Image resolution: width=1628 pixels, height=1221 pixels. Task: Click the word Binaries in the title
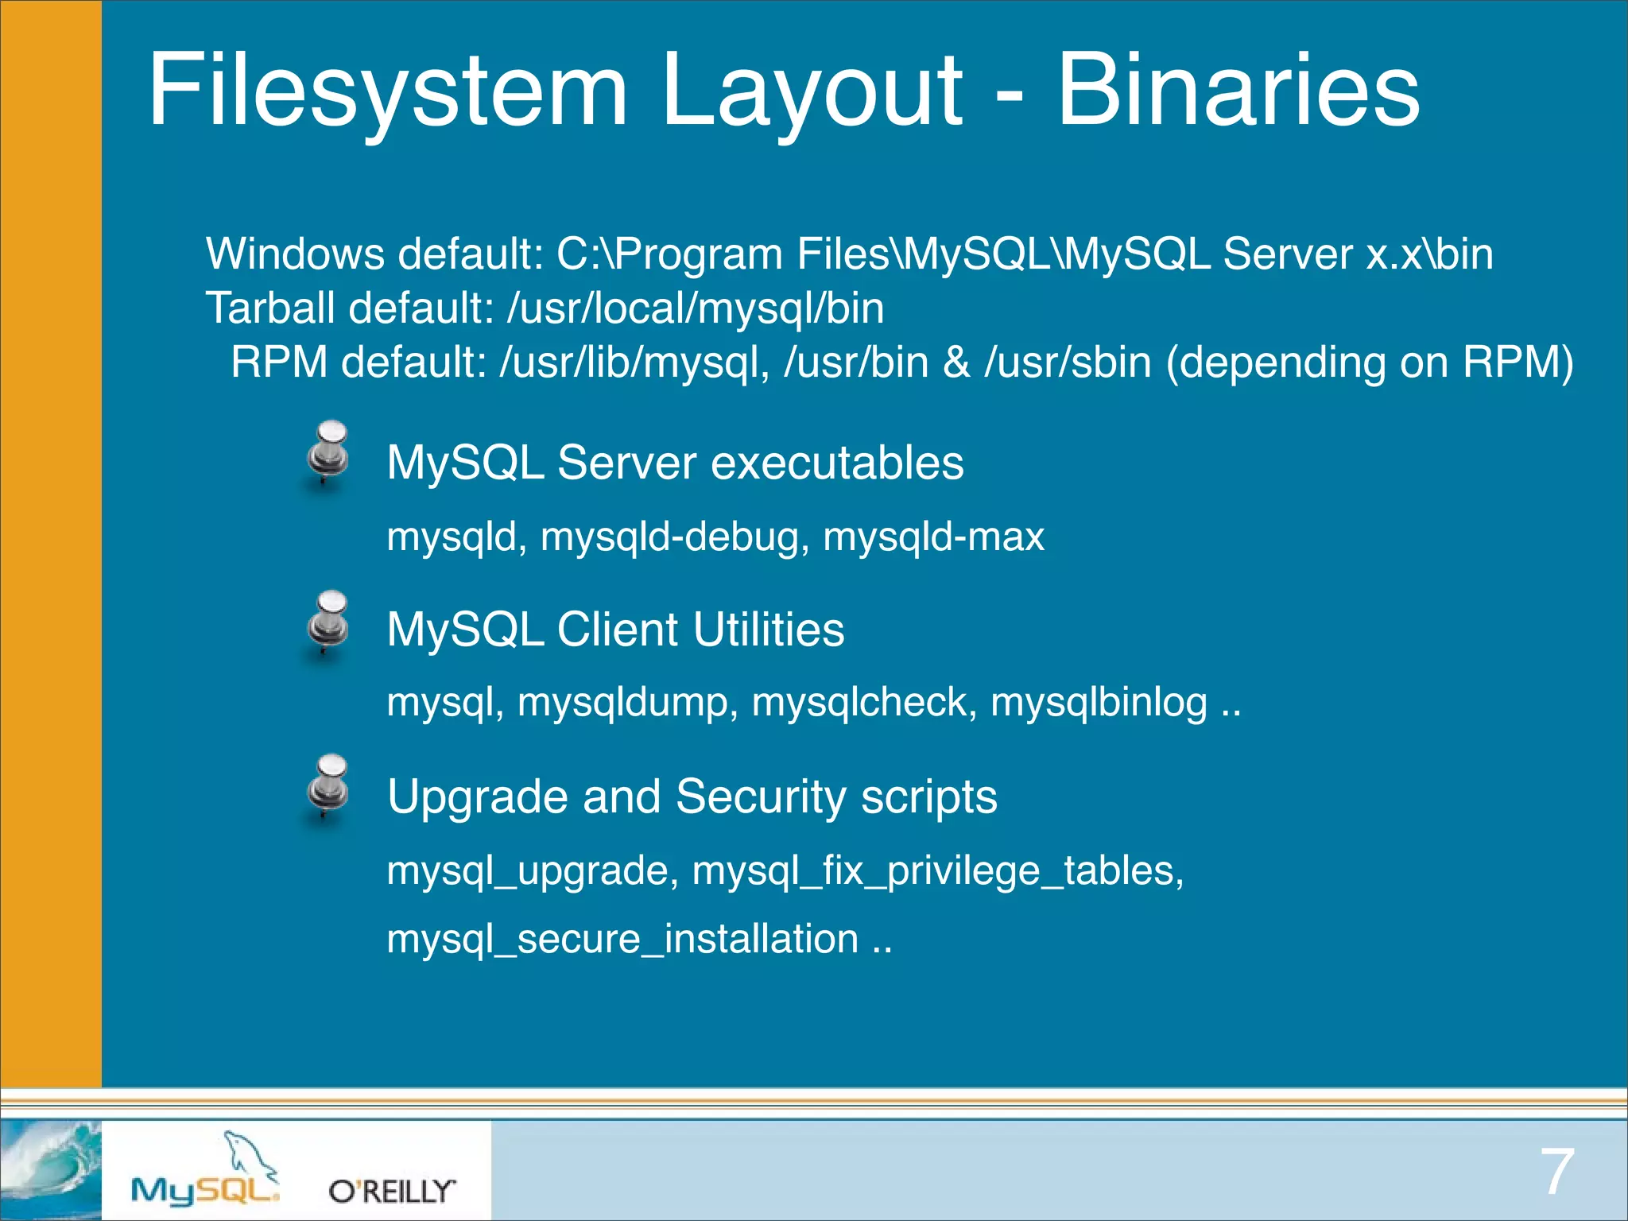pos(1238,89)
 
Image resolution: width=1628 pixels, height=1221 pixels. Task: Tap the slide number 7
pos(1556,1171)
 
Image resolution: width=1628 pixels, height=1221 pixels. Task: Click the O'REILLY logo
pos(392,1191)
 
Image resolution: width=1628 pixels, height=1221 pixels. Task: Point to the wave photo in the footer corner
pos(50,1169)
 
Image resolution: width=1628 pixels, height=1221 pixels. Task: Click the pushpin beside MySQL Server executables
pos(328,454)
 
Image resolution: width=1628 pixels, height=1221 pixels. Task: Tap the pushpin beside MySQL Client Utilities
pos(328,624)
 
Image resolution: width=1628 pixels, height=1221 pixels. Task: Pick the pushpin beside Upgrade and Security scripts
pos(328,789)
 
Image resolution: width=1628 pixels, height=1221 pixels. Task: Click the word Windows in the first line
pos(295,254)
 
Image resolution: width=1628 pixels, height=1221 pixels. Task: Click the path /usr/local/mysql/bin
pos(696,308)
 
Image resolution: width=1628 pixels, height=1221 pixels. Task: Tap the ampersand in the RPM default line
pos(956,362)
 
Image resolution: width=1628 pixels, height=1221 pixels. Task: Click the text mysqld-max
pos(933,537)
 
